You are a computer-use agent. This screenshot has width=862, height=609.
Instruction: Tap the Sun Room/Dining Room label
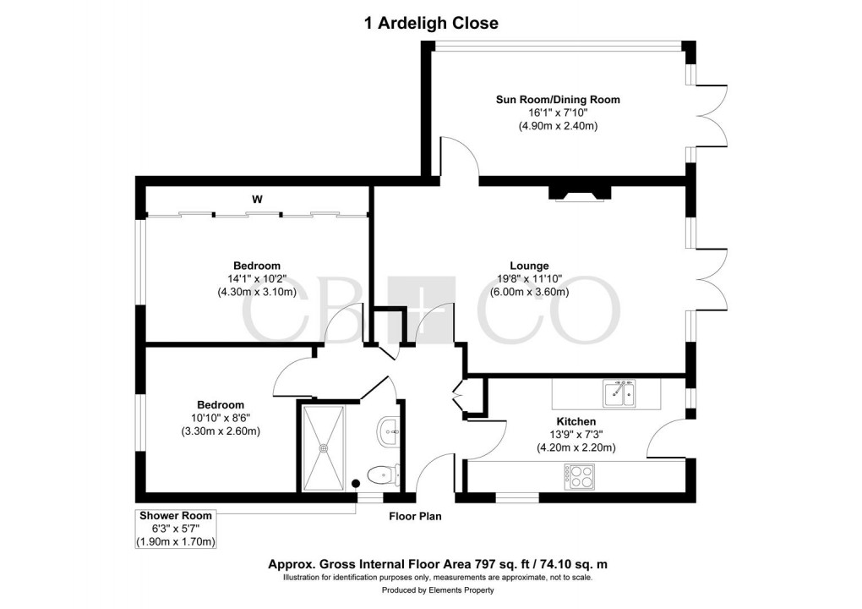557,100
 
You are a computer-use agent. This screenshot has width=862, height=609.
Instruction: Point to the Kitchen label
576,421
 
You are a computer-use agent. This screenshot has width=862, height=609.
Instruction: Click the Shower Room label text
176,515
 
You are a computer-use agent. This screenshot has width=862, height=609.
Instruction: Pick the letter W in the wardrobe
256,200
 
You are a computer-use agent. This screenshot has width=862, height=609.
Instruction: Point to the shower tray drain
323,447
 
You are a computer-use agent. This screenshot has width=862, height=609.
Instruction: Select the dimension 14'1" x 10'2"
256,279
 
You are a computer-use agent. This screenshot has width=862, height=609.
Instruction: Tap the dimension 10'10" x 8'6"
221,418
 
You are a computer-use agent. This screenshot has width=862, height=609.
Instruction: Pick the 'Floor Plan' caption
414,516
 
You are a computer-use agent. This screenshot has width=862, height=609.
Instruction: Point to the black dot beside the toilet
355,483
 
